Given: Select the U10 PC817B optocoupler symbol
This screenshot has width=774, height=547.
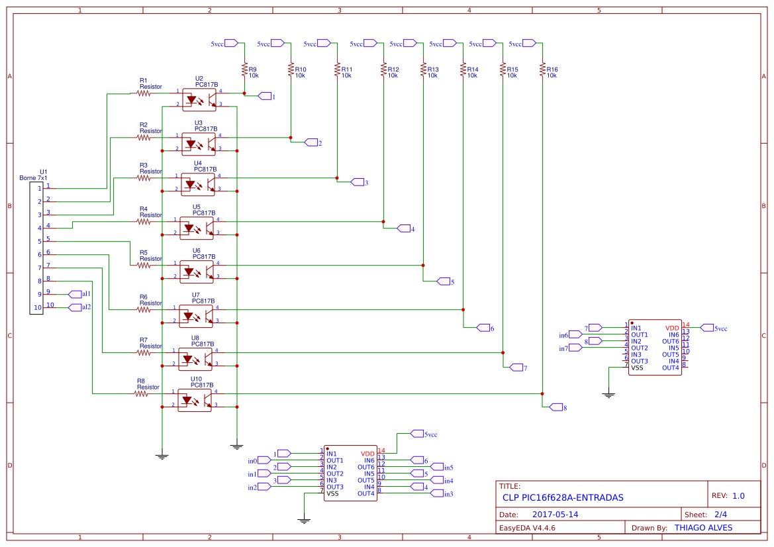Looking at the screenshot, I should [195, 399].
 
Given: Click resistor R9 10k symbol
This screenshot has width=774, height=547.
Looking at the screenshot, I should [244, 70].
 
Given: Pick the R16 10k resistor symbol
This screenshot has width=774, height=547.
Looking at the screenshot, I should [542, 70].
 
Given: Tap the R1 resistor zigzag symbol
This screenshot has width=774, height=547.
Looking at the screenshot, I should [144, 93].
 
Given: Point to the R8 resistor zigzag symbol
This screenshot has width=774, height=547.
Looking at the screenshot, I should [141, 393].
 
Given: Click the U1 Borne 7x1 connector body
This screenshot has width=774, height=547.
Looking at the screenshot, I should [36, 248].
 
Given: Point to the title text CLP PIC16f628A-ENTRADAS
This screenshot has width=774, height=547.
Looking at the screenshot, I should [563, 497].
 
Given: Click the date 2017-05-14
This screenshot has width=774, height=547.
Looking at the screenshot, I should [555, 515].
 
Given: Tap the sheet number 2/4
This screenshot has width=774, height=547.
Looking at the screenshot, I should [720, 515].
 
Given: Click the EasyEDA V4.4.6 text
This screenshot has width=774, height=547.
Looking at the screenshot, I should [527, 528].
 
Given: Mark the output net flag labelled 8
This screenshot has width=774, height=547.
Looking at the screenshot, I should [556, 407].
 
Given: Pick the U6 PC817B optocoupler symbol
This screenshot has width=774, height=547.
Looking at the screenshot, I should [196, 271].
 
